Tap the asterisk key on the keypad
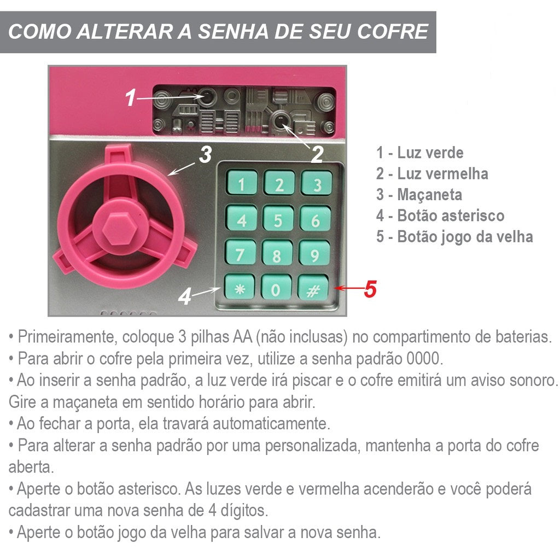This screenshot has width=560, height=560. coord(240,287)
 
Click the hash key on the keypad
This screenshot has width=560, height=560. coord(313,288)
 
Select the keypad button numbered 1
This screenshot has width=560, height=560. coord(242,183)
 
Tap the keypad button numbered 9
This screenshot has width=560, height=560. coord(314,253)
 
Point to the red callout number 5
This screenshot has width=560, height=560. coord(370,289)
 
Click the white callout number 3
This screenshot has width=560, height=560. coord(206,154)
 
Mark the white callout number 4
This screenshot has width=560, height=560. coord(185,296)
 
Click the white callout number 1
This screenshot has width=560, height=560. coord(131,97)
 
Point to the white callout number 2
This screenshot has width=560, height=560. coord(317,154)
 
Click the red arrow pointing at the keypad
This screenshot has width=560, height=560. coord(349,288)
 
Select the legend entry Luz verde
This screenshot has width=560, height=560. coord(419,153)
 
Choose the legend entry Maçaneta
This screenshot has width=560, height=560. coord(419,195)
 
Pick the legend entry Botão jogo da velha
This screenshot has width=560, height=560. coord(454,237)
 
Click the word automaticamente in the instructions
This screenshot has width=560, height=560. coord(271,424)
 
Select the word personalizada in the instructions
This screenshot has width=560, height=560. coord(312,446)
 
